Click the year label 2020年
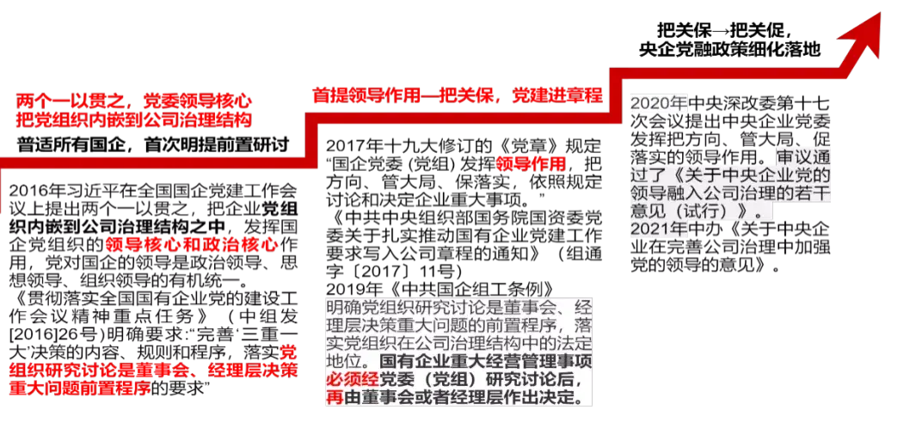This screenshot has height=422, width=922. coord(658,103)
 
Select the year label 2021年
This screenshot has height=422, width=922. coord(659,229)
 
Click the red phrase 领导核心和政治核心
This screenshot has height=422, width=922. coord(193,244)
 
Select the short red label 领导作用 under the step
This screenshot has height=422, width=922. coord(531,163)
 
